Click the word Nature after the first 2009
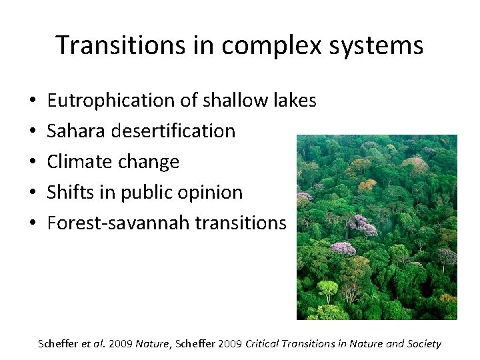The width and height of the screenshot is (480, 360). pyautogui.click(x=150, y=344)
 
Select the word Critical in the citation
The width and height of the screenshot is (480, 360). pyautogui.click(x=263, y=344)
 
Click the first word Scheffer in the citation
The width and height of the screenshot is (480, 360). pyautogui.click(x=59, y=344)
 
